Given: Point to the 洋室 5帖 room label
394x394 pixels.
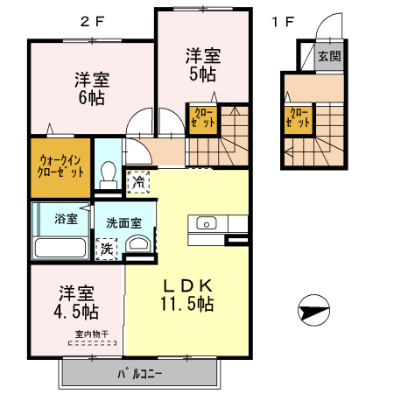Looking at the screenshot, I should pyautogui.click(x=202, y=64).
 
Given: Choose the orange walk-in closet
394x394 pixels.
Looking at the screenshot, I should pyautogui.click(x=61, y=166).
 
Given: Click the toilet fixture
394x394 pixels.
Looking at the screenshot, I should pyautogui.click(x=109, y=174).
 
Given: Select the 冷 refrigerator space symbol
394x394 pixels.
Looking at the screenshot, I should pyautogui.click(x=138, y=182).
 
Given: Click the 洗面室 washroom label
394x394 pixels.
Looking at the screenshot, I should pyautogui.click(x=124, y=222).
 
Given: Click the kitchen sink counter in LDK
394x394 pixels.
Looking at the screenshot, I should pyautogui.click(x=207, y=225).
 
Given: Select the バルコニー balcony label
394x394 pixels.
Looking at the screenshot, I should pyautogui.click(x=140, y=375).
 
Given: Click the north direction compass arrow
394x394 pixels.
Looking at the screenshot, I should pyautogui.click(x=312, y=310).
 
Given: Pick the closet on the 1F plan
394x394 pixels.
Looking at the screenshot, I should pyautogui.click(x=298, y=119).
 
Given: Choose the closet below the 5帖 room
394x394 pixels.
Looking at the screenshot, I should pyautogui.click(x=200, y=118).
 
